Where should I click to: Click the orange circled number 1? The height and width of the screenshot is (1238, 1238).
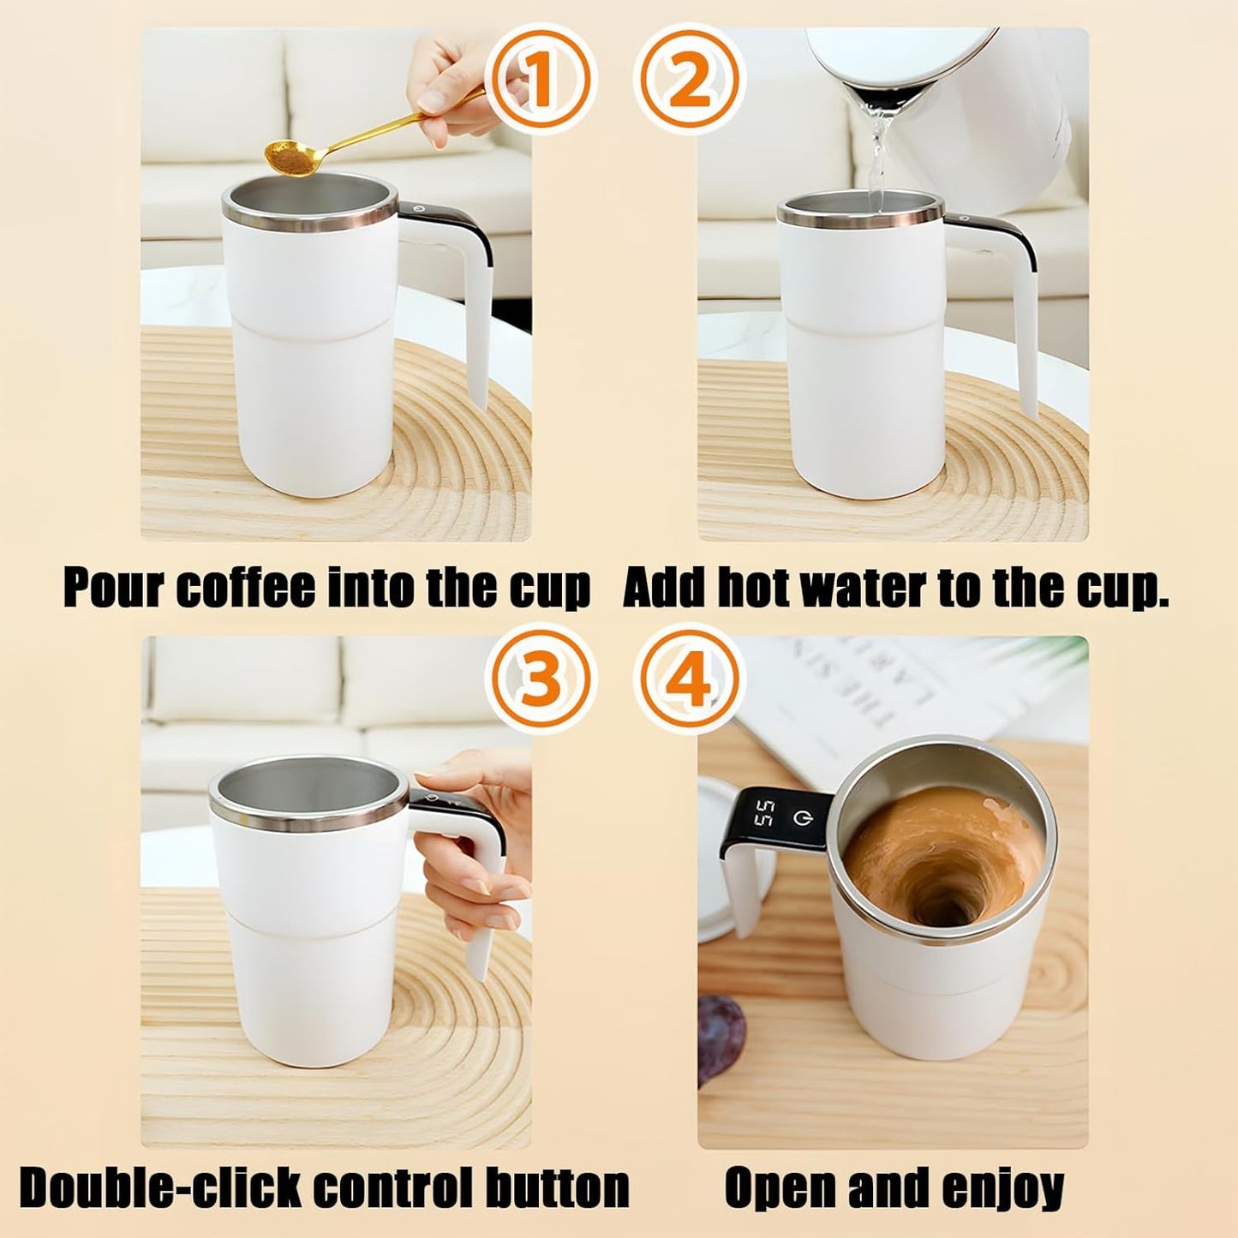point(538,78)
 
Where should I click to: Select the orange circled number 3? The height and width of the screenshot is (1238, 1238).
point(538,677)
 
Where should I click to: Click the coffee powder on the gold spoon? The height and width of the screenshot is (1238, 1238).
point(284,156)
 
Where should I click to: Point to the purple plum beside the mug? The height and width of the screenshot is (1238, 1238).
point(720,1037)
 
